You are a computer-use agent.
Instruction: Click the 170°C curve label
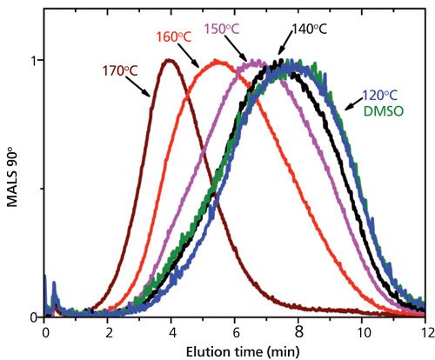click(x=112, y=63)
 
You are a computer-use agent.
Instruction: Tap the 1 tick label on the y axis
click(x=35, y=61)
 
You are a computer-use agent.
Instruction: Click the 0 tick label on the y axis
click(x=35, y=317)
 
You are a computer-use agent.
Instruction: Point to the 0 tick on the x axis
click(x=45, y=331)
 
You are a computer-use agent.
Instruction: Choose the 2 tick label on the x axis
click(x=109, y=331)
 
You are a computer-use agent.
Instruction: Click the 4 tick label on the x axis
click(x=172, y=331)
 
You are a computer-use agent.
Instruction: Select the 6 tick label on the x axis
click(x=236, y=331)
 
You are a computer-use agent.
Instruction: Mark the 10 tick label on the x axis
click(x=362, y=331)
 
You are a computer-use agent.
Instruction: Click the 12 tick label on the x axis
click(x=425, y=331)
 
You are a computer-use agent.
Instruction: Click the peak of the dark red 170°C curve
click(x=169, y=60)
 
